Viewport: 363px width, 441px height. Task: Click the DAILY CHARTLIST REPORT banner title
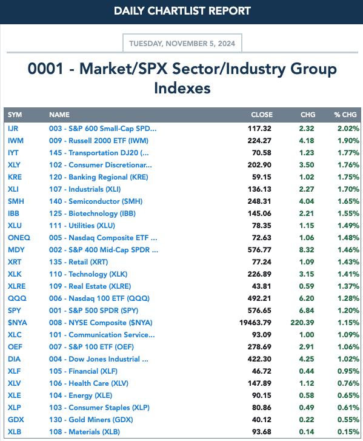(182, 11)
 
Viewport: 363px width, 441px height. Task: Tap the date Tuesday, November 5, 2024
(182, 44)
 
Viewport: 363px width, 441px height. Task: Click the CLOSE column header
(262, 115)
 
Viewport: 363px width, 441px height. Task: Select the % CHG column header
(345, 115)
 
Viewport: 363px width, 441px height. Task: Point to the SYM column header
(15, 115)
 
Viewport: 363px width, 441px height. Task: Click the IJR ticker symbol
(13, 129)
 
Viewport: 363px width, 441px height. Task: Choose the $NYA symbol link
(18, 323)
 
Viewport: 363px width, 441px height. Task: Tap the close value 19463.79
(255, 323)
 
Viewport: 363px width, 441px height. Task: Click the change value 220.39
(302, 323)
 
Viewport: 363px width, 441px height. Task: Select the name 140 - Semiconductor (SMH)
(96, 201)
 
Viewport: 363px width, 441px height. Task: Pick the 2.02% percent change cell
(348, 129)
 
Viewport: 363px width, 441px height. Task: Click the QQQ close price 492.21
(259, 298)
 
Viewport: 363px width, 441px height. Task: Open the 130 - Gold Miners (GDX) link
(91, 420)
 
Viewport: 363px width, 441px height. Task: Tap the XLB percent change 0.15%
(348, 432)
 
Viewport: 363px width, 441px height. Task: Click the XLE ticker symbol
(15, 396)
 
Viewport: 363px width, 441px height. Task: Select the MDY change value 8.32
(307, 250)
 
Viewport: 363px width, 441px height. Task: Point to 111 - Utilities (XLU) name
(82, 226)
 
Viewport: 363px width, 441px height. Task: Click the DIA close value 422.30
(259, 359)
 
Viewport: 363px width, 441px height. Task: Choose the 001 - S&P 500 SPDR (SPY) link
(93, 311)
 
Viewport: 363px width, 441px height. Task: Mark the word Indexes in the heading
(182, 88)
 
